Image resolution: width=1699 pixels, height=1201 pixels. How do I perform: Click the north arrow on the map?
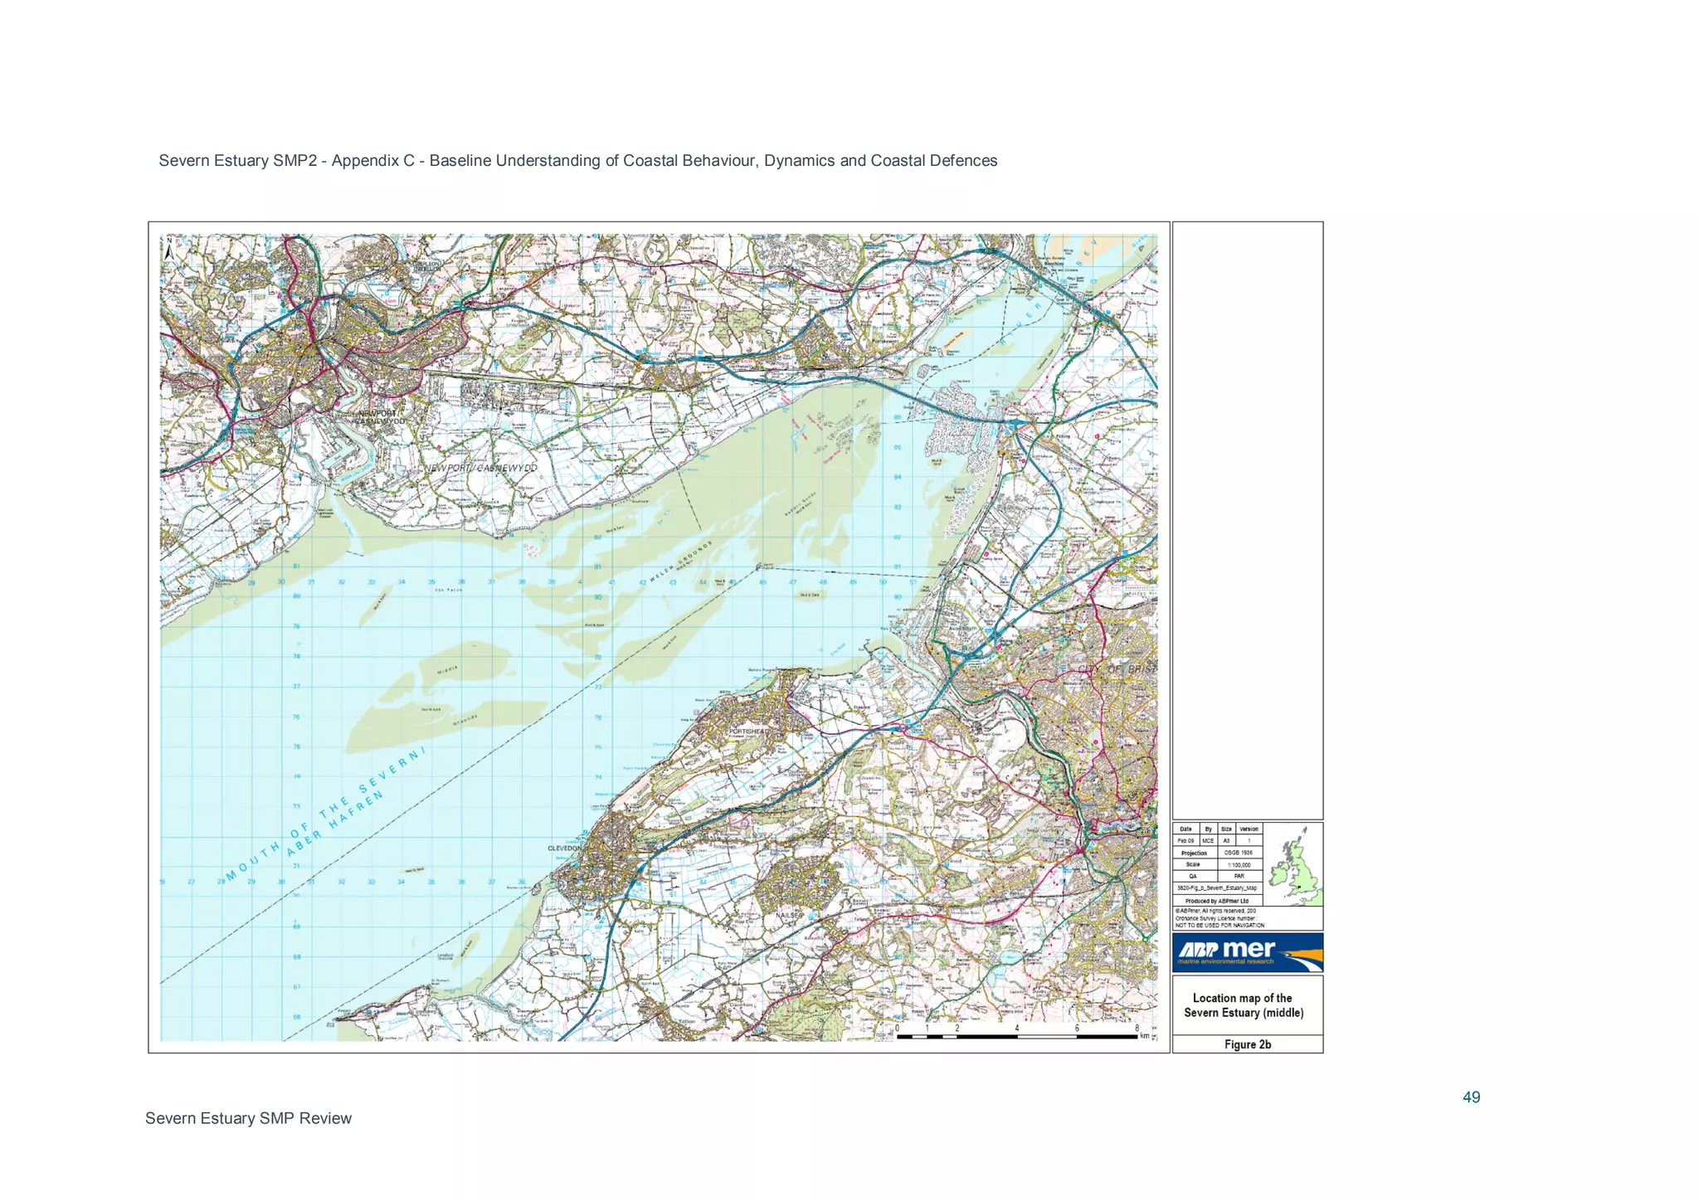pyautogui.click(x=169, y=248)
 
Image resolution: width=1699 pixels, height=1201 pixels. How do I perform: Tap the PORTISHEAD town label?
pyautogui.click(x=748, y=732)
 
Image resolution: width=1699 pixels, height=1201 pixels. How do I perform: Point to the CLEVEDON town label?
pyautogui.click(x=567, y=848)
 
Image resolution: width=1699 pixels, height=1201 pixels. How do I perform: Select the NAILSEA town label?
pyautogui.click(x=789, y=916)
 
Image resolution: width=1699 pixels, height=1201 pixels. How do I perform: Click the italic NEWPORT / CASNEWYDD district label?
pyautogui.click(x=481, y=469)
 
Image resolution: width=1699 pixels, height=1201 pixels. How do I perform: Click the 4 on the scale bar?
pyautogui.click(x=1016, y=1028)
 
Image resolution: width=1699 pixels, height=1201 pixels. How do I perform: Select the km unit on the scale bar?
pyautogui.click(x=1145, y=1036)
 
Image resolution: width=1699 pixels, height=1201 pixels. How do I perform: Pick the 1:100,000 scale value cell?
pyautogui.click(x=1240, y=864)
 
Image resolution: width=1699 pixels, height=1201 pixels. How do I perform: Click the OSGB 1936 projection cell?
pyautogui.click(x=1240, y=853)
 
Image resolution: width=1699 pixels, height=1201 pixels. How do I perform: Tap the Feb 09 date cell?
pyautogui.click(x=1185, y=841)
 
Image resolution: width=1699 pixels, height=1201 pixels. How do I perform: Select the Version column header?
pyautogui.click(x=1249, y=829)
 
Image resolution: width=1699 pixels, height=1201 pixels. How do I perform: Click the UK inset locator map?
pyautogui.click(x=1293, y=864)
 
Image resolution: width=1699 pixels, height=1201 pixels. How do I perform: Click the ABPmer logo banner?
pyautogui.click(x=1247, y=952)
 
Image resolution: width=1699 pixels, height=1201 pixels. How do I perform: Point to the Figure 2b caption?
pyautogui.click(x=1247, y=1044)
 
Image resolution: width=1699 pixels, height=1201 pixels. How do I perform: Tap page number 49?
pyautogui.click(x=1471, y=1097)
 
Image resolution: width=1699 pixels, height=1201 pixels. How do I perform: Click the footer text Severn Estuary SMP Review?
pyautogui.click(x=248, y=1118)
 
